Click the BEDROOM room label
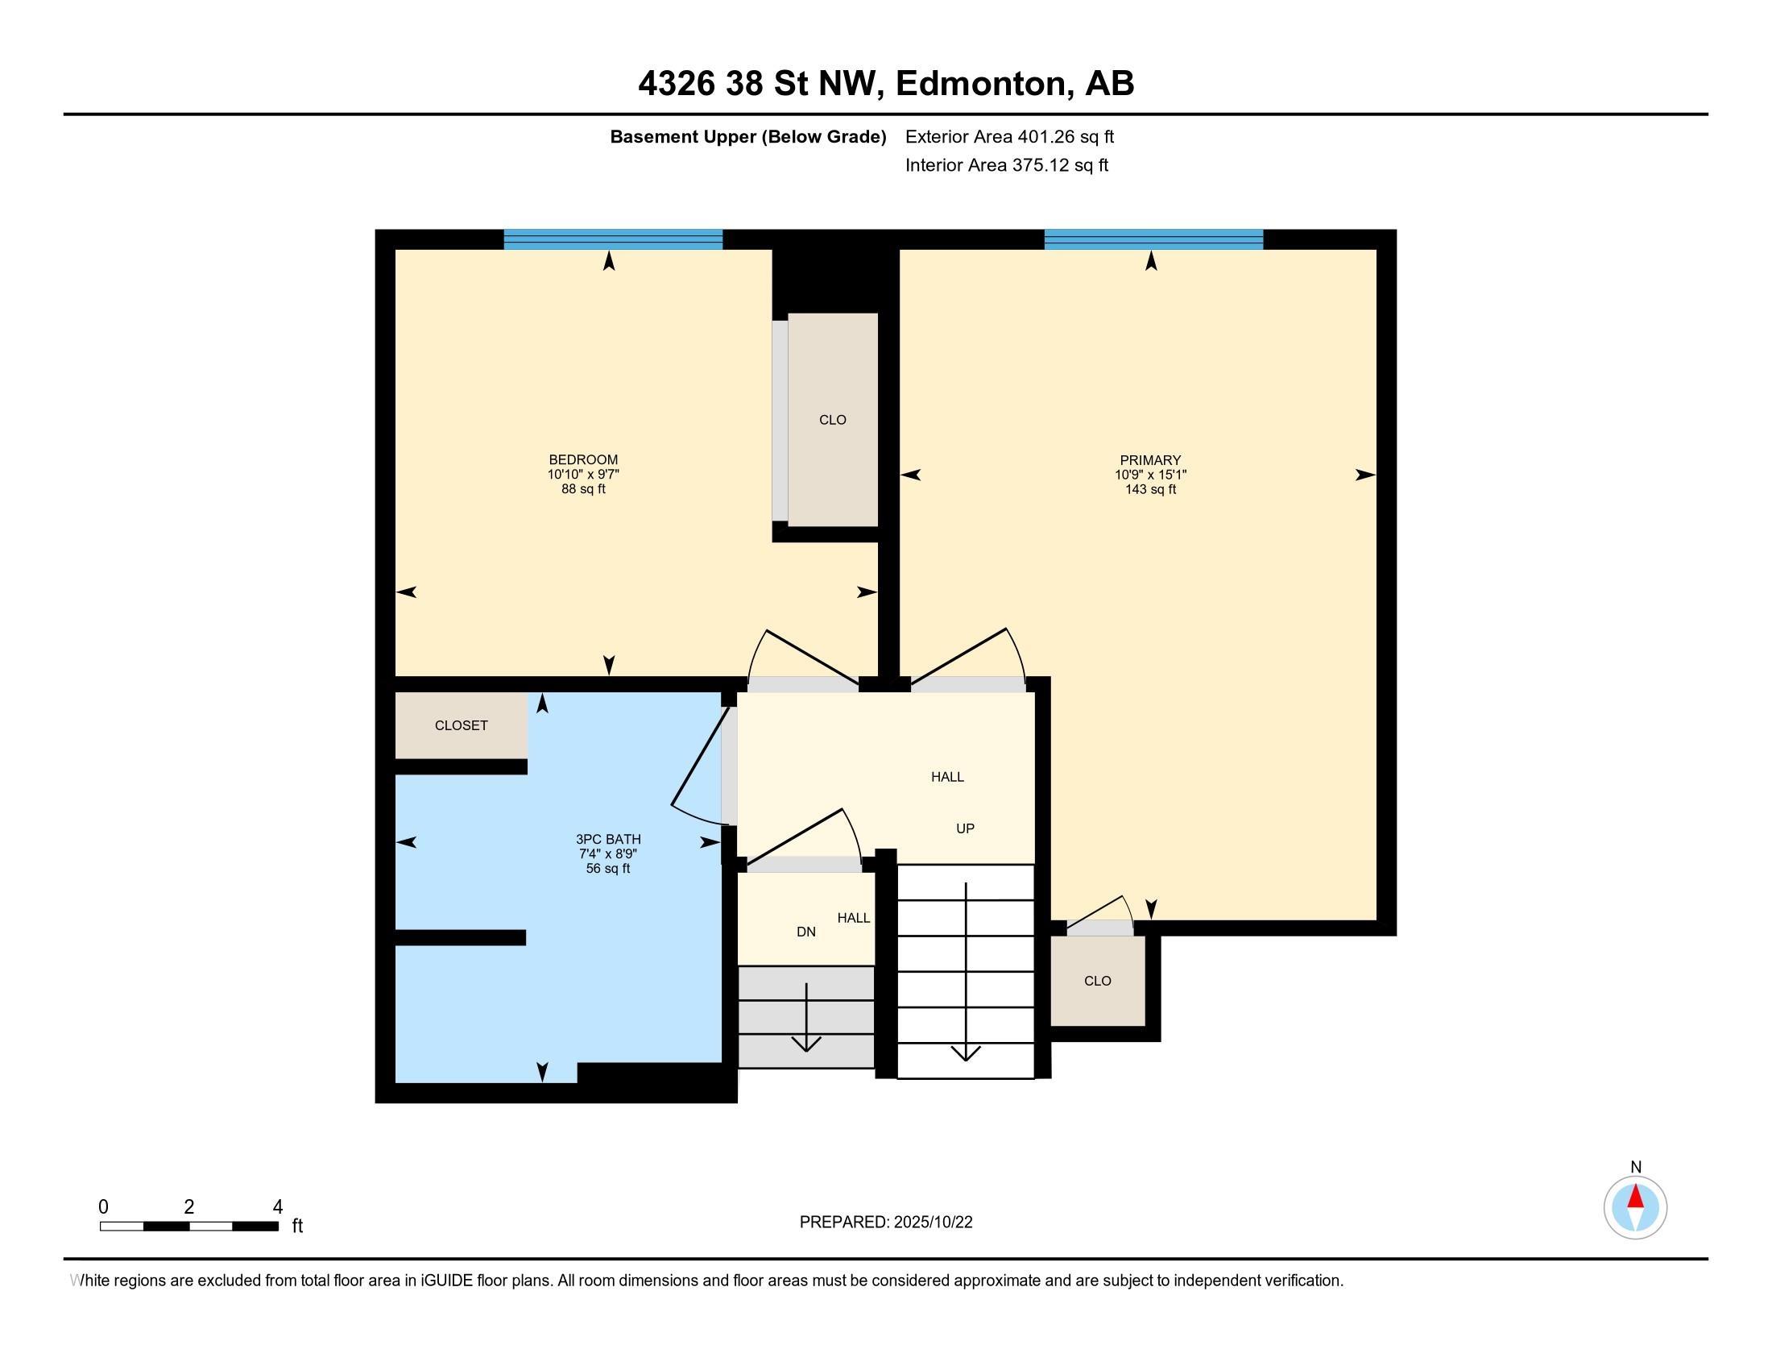click(583, 459)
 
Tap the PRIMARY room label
click(1150, 459)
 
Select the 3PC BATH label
click(608, 839)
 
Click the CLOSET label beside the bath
click(461, 725)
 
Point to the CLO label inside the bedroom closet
click(833, 420)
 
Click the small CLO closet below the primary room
click(1098, 982)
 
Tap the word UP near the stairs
click(965, 828)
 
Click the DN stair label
click(805, 932)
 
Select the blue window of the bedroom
click(613, 239)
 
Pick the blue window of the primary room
click(1153, 239)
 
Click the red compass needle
click(1636, 1196)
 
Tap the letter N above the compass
click(1636, 1167)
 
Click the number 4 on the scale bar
click(278, 1207)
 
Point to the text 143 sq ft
click(1150, 489)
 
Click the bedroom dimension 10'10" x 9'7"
click(583, 475)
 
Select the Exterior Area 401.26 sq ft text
click(1009, 136)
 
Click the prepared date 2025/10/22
click(932, 1223)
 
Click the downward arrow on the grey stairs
click(806, 1018)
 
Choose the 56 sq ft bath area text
click(608, 869)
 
